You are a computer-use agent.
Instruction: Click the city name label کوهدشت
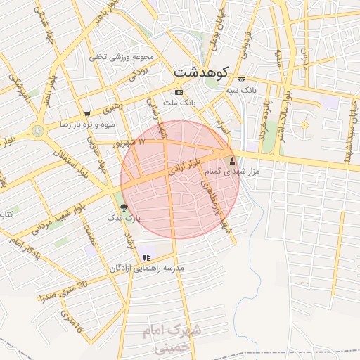[200, 71]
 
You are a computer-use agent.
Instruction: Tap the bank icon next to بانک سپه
[242, 79]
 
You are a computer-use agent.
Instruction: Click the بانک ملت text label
[179, 103]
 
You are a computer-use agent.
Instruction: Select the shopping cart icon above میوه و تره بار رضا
[87, 114]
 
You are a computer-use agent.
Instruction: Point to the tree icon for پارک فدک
[124, 207]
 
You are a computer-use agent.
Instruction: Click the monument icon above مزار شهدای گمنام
[233, 161]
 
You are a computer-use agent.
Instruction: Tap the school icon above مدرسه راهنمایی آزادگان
[146, 257]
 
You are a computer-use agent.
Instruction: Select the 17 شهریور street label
[131, 142]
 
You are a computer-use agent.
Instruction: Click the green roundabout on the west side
[37, 130]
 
